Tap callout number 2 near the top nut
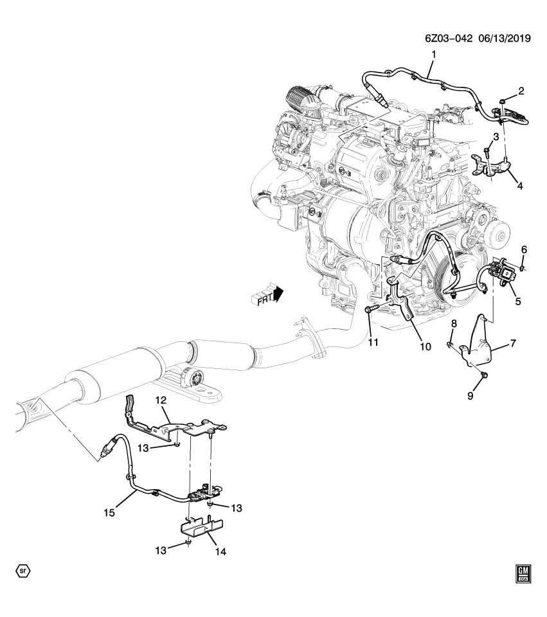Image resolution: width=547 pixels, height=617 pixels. coord(521,91)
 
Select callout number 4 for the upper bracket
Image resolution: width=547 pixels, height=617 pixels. coord(519,186)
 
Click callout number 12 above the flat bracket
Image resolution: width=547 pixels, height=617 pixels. coord(161,400)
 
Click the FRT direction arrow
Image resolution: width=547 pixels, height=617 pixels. coord(267,296)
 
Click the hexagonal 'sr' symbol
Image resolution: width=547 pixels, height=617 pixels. coord(23,570)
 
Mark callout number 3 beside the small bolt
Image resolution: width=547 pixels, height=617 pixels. coord(496,137)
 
